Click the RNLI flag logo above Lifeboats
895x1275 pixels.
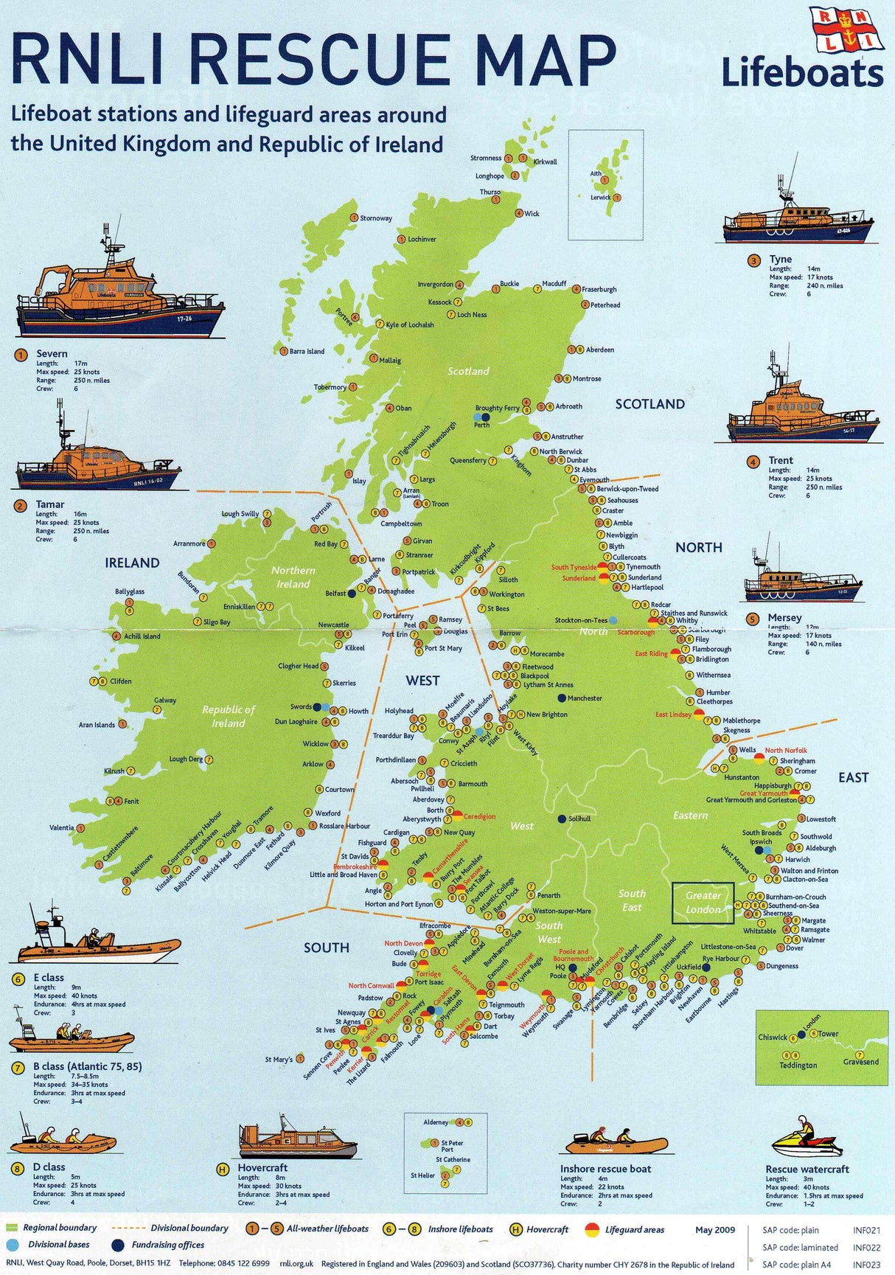click(846, 29)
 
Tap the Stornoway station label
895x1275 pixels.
click(375, 218)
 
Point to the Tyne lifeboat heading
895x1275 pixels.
click(780, 260)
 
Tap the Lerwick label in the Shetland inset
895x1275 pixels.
click(600, 198)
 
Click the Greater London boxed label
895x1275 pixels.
click(703, 903)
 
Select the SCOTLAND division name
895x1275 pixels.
click(650, 404)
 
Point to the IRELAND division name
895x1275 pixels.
click(132, 563)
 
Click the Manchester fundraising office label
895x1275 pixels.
click(585, 698)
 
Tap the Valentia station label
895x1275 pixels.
click(61, 828)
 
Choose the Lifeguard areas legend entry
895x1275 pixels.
click(634, 1229)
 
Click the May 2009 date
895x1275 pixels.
click(715, 1229)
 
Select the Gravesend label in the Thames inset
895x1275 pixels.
click(860, 1062)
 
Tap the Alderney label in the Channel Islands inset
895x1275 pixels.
click(436, 1122)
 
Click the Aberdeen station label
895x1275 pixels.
click(599, 350)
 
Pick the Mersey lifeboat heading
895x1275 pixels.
click(784, 617)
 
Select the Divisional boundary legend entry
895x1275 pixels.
click(189, 1228)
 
